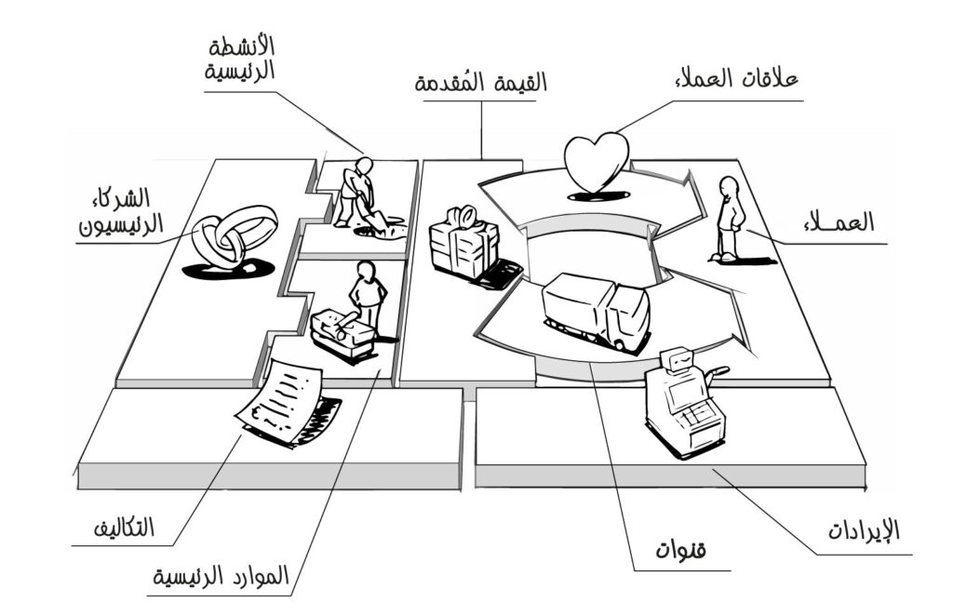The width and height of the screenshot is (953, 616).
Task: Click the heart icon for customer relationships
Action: click(x=597, y=162)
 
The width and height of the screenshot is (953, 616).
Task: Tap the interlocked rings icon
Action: click(x=233, y=235)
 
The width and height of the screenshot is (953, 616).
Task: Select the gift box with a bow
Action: click(x=463, y=245)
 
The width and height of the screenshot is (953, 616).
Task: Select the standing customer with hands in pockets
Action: click(x=730, y=218)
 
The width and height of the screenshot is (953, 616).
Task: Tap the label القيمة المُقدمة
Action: click(x=481, y=83)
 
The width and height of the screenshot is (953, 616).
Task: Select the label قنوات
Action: click(x=682, y=551)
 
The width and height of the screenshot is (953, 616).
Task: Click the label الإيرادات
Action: click(x=865, y=531)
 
